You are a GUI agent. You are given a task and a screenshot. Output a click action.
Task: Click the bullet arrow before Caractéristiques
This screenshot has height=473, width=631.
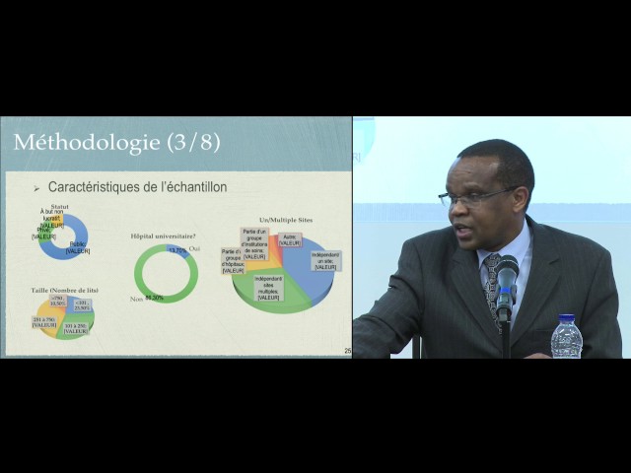point(36,187)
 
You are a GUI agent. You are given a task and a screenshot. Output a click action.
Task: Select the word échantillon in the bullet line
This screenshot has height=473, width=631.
point(194,186)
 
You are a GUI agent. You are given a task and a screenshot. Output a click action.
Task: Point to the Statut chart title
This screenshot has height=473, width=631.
point(60,207)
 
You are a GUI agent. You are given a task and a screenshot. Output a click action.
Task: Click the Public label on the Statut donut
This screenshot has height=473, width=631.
point(78,247)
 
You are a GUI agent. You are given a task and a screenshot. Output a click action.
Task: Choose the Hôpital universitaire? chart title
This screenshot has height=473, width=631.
point(163,236)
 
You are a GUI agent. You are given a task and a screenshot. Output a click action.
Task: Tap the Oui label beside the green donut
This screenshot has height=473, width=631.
point(194,248)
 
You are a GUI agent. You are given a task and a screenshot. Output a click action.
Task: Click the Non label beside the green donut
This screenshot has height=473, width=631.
point(137,299)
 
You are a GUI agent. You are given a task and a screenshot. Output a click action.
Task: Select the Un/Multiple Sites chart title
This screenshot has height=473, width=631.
point(285,220)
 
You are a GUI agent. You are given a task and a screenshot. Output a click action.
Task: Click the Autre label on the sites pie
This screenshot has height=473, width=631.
point(290,239)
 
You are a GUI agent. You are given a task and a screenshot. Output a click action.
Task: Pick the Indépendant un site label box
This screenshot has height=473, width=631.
point(325,260)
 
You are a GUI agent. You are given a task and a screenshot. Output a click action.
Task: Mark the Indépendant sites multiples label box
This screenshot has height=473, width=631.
point(268,288)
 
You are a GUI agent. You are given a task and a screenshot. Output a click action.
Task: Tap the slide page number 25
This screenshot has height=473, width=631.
point(347,351)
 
